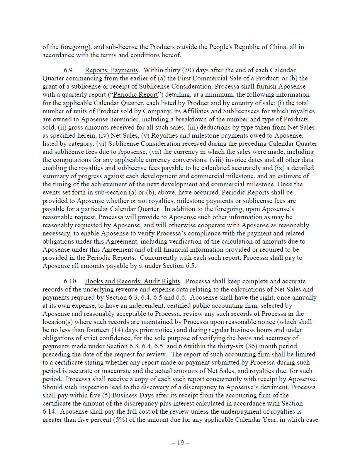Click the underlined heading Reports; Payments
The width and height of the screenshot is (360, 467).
(x=111, y=70)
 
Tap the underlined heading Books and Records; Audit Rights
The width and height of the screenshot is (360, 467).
(x=132, y=281)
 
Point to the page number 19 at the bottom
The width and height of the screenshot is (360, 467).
(x=180, y=443)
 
